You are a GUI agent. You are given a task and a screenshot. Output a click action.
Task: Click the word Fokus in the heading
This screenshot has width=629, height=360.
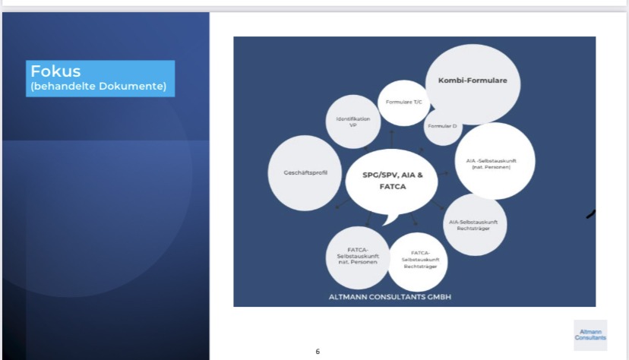tap(55, 71)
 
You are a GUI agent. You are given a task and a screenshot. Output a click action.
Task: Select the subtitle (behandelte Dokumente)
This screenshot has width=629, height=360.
tap(98, 86)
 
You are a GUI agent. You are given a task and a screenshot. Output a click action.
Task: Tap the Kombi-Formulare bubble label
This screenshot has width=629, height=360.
tap(473, 81)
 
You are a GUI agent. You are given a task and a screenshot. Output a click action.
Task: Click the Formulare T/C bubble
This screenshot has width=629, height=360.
tap(404, 103)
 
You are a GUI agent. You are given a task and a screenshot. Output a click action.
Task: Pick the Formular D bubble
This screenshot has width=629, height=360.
tap(442, 127)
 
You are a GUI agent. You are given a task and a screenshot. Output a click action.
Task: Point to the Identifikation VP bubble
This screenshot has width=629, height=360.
tap(353, 122)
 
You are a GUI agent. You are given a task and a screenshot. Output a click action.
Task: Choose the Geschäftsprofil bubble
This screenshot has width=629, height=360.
tap(305, 172)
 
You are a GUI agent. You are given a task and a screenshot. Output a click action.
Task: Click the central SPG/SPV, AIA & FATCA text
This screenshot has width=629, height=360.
tap(392, 181)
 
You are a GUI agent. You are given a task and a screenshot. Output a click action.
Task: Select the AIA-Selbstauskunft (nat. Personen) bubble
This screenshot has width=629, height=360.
tap(495, 161)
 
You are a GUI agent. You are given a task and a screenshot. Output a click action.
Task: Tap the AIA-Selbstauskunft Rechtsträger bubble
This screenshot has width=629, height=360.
tap(475, 225)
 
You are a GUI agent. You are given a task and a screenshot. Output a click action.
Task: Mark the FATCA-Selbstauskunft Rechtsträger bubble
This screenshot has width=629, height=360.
tap(418, 261)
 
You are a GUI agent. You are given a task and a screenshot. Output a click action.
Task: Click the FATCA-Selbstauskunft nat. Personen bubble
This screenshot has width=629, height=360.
tap(358, 257)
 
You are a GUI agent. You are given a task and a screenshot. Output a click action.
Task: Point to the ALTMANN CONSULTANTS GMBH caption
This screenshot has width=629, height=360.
tap(390, 297)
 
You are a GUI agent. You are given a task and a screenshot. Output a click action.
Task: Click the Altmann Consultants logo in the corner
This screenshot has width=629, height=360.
tap(590, 335)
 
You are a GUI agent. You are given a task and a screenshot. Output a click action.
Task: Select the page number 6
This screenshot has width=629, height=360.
tap(318, 352)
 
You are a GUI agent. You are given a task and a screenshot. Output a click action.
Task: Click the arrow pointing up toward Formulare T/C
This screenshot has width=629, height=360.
tap(392, 138)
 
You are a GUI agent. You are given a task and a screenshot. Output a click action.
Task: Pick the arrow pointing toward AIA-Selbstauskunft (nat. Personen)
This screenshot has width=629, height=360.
tap(442, 174)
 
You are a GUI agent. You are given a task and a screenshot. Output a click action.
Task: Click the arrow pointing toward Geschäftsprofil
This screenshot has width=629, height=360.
tap(342, 204)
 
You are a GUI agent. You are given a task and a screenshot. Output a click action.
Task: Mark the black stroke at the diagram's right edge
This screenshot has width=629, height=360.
tap(591, 214)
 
